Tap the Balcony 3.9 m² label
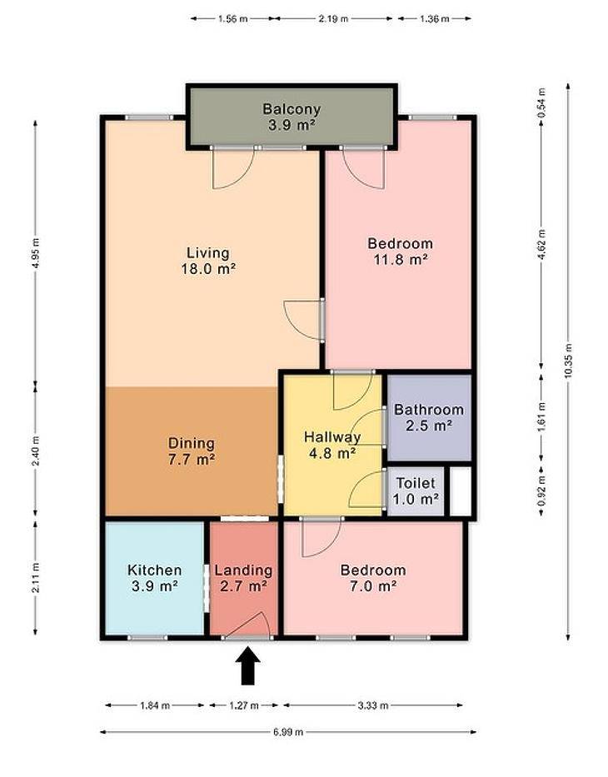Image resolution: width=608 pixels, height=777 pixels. (292, 117)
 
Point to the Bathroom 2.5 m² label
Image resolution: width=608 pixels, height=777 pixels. (429, 417)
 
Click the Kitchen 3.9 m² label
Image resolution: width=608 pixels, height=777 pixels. (155, 578)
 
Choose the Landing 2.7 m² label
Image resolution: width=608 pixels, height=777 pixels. (243, 578)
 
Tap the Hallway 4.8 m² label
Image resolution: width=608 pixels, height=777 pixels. (332, 445)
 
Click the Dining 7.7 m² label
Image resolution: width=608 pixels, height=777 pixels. (192, 451)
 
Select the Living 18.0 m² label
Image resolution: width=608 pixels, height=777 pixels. (208, 261)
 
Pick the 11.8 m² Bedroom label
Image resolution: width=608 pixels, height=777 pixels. (401, 251)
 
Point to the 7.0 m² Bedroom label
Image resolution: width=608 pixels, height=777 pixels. (373, 578)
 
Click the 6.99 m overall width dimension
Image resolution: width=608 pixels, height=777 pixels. (288, 731)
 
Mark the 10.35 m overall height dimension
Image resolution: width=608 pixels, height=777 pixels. (568, 361)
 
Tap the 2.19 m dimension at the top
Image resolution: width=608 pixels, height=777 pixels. (333, 19)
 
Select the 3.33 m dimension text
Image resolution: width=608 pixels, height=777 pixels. (373, 705)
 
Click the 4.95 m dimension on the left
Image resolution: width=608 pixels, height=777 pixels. (35, 252)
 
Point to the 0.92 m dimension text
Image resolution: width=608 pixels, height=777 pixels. (541, 491)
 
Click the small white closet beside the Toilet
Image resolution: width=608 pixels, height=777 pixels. (461, 491)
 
